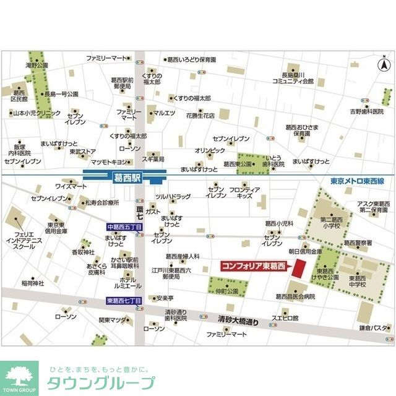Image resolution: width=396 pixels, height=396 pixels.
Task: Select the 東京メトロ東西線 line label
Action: (357, 181)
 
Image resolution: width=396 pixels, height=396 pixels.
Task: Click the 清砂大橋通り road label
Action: (238, 321)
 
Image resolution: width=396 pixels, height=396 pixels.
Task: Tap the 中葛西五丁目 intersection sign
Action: (124, 226)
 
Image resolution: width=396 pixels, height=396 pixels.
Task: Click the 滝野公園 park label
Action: (37, 65)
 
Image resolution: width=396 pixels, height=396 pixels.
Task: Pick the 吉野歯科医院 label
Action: (367, 112)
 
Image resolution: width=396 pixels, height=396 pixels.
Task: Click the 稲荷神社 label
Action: (33, 283)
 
